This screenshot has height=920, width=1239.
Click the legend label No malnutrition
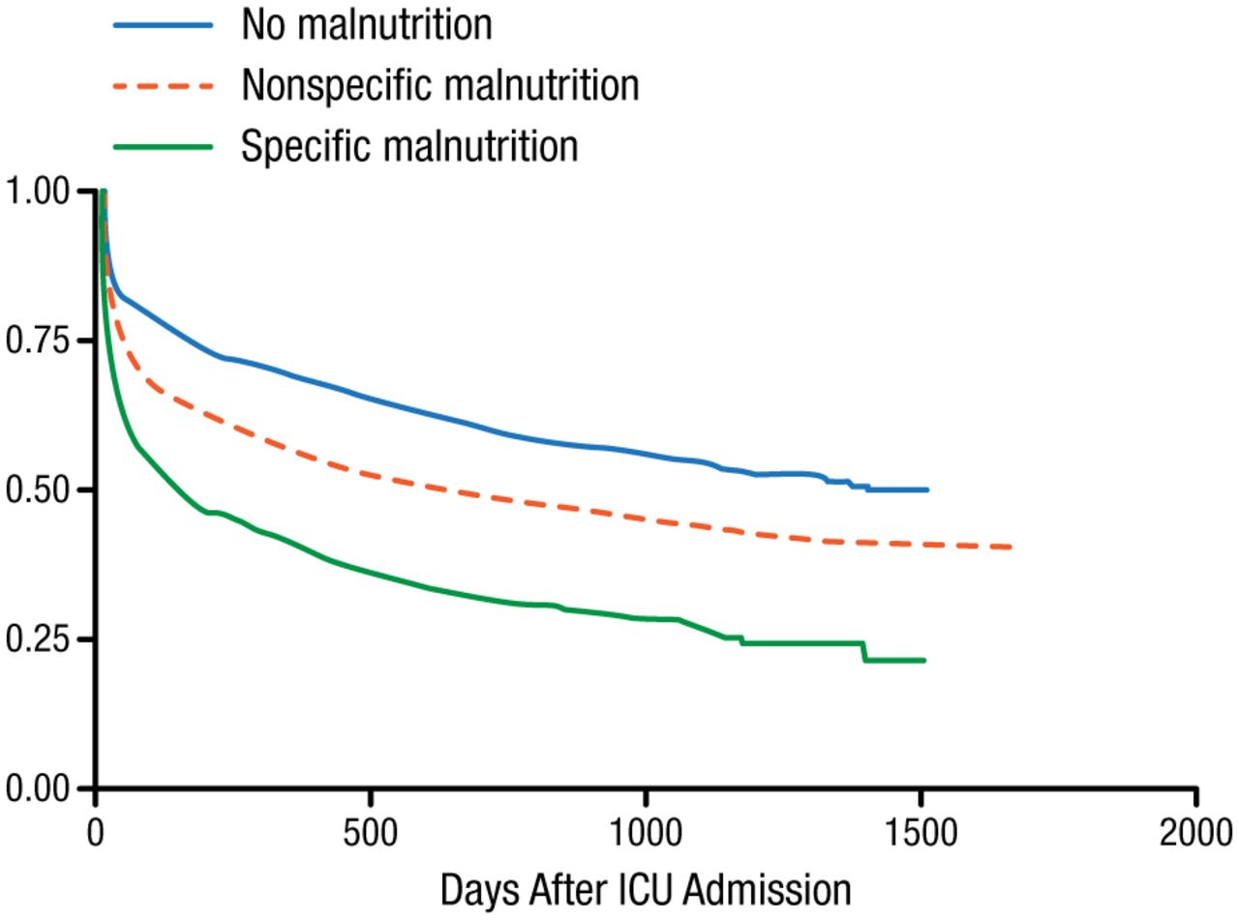(x=367, y=25)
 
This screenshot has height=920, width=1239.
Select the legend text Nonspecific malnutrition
(x=440, y=85)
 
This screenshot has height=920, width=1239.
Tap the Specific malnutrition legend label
(x=409, y=146)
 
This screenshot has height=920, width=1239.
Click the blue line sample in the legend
(x=163, y=26)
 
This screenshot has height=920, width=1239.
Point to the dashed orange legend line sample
(x=163, y=86)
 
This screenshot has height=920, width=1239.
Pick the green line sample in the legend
(x=163, y=146)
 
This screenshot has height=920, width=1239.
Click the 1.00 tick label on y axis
(x=39, y=192)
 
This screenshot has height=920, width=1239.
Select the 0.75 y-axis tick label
(x=39, y=341)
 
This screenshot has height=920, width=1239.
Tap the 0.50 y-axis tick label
(x=39, y=490)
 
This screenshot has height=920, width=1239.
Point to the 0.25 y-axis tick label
(x=39, y=639)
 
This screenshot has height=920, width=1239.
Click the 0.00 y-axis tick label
(x=39, y=788)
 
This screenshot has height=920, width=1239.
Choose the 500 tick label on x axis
(x=371, y=830)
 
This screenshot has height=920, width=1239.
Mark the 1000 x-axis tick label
(x=646, y=830)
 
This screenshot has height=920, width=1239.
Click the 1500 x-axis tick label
(x=922, y=830)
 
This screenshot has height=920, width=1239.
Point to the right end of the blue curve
(x=927, y=490)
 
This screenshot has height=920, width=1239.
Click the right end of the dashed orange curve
(x=1011, y=547)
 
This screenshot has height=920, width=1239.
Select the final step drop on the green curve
(x=865, y=651)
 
